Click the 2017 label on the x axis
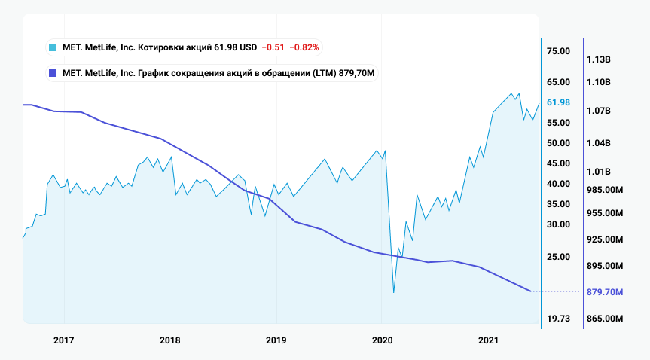[x=64, y=340]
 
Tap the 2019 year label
[x=276, y=340]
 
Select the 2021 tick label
[x=489, y=340]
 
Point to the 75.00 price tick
[x=557, y=51]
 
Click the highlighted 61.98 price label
[x=557, y=102]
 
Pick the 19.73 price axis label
[x=557, y=319]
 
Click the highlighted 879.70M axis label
[x=604, y=291]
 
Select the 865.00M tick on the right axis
[x=604, y=319]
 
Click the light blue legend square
[x=52, y=47]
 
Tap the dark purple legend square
[x=52, y=73]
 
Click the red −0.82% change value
[x=304, y=47]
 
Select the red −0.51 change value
[x=273, y=47]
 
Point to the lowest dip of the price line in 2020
[x=393, y=292]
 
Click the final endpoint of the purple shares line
[x=531, y=291]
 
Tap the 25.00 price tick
[x=557, y=257]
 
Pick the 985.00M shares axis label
[x=604, y=190]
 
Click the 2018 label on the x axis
[x=170, y=340]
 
